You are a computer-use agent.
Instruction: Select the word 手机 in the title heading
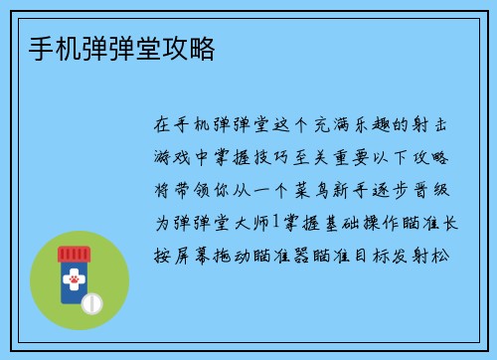coord(43,49)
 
